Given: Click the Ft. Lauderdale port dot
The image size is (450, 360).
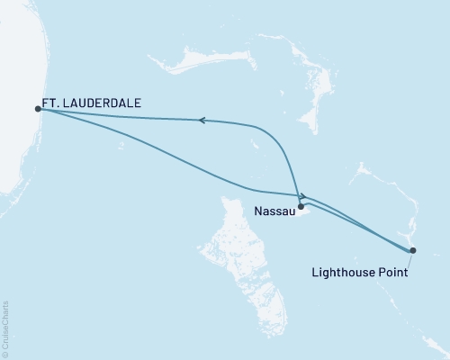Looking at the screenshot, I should coord(38,109).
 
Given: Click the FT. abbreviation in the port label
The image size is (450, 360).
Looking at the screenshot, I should coord(51,103).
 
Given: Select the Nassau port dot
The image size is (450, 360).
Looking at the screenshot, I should coord(301,206).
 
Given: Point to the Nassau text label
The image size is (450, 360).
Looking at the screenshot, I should coord(273,214).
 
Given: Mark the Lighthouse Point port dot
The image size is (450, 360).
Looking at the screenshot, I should coord(413,250).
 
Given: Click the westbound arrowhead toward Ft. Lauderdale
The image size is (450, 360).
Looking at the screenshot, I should coord(202,120).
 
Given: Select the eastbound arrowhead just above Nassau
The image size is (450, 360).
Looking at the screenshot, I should coord(304,195).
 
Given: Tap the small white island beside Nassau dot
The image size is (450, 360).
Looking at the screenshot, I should coord(307,213).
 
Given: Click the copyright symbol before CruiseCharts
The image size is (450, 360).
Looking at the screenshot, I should coord(6,354).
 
